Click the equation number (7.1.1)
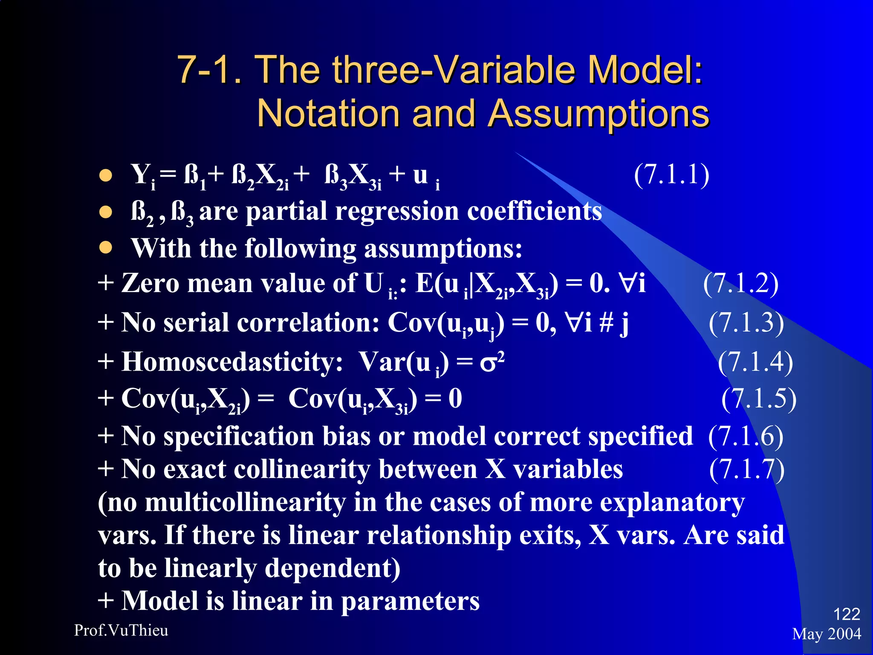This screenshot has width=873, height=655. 671,175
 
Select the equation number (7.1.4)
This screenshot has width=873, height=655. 755,362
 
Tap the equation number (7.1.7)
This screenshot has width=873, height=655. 747,470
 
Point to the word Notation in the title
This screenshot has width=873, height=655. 328,113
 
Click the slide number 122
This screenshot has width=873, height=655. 846,614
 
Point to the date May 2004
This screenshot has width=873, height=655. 827,634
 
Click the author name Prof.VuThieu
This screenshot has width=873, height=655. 121,630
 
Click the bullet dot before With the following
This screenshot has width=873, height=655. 106,248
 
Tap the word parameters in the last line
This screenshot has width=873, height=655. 410,601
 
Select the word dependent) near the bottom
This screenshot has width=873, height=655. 332,568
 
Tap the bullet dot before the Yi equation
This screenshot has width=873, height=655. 106,175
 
